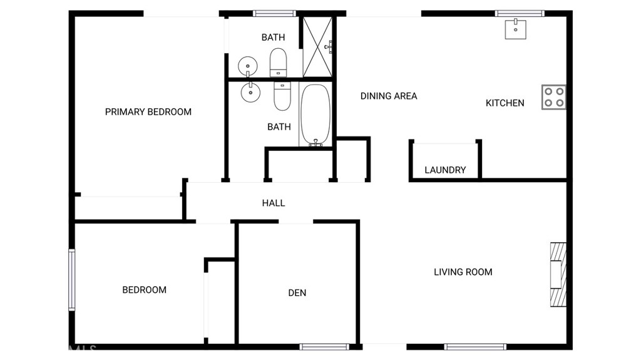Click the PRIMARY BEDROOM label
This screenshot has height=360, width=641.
pos(148,111)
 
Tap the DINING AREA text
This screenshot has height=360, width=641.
pos(388,96)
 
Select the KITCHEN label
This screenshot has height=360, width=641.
pos(505,103)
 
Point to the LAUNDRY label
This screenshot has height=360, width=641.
pos(445,170)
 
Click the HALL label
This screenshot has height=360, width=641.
pos(273,203)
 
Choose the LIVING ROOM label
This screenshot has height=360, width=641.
pos(463,272)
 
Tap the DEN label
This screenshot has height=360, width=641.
pos(297,293)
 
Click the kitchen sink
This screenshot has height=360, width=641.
pos(515,29)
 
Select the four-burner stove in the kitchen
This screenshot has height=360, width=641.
pos(554,97)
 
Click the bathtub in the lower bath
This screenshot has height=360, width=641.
pos(315,115)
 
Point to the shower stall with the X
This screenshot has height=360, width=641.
pos(317,46)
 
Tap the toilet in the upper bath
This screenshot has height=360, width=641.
pos(278,62)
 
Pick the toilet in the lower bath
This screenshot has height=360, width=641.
pos(282,96)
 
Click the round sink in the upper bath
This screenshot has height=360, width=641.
pos(248,66)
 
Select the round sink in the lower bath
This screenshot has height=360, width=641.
pos(250,92)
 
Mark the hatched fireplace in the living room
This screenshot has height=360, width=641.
pos(558,274)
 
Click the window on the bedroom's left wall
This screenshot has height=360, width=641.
pos(72,280)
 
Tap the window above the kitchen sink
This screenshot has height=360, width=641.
pos(519,14)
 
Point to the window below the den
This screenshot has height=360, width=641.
pos(324,347)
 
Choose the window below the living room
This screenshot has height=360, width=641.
pos(475,347)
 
